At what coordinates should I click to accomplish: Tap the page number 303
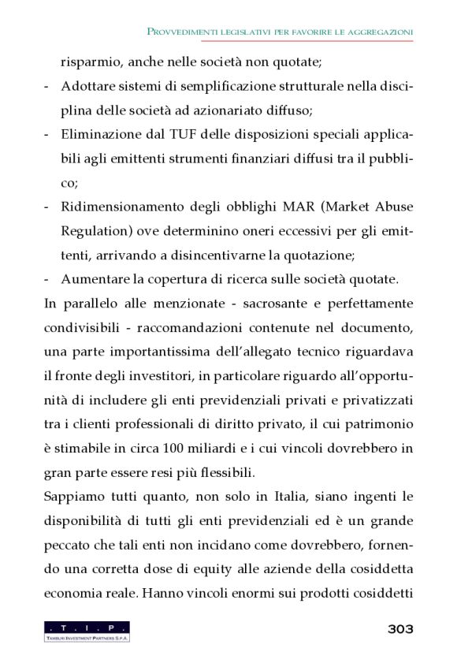(399, 628)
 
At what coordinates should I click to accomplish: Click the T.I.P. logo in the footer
(87, 631)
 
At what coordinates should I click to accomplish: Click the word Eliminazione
(100, 135)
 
